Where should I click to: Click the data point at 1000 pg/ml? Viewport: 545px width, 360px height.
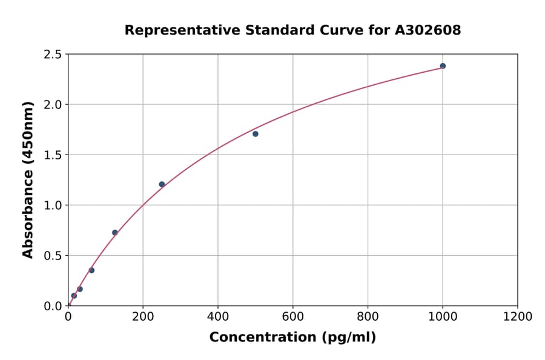443,66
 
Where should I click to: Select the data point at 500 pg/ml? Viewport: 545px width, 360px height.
256,134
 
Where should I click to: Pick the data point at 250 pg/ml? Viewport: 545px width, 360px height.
162,184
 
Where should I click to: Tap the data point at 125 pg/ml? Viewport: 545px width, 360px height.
115,233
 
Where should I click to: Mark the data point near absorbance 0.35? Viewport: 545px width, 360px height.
91,270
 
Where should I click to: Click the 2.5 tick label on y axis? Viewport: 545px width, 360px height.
53,55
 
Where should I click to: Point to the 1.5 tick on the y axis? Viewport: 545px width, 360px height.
53,155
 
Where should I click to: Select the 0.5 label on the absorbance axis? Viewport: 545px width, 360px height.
53,256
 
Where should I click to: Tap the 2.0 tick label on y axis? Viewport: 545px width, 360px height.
53,105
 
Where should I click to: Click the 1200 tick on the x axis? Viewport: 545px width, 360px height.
518,316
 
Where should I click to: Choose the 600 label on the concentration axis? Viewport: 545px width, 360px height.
293,316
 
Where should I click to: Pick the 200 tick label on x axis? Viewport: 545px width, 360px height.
143,316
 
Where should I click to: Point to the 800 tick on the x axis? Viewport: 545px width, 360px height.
368,316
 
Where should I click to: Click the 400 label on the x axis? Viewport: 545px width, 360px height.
218,316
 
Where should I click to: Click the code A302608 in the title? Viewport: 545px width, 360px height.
428,30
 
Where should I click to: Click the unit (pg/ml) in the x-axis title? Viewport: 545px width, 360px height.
349,338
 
